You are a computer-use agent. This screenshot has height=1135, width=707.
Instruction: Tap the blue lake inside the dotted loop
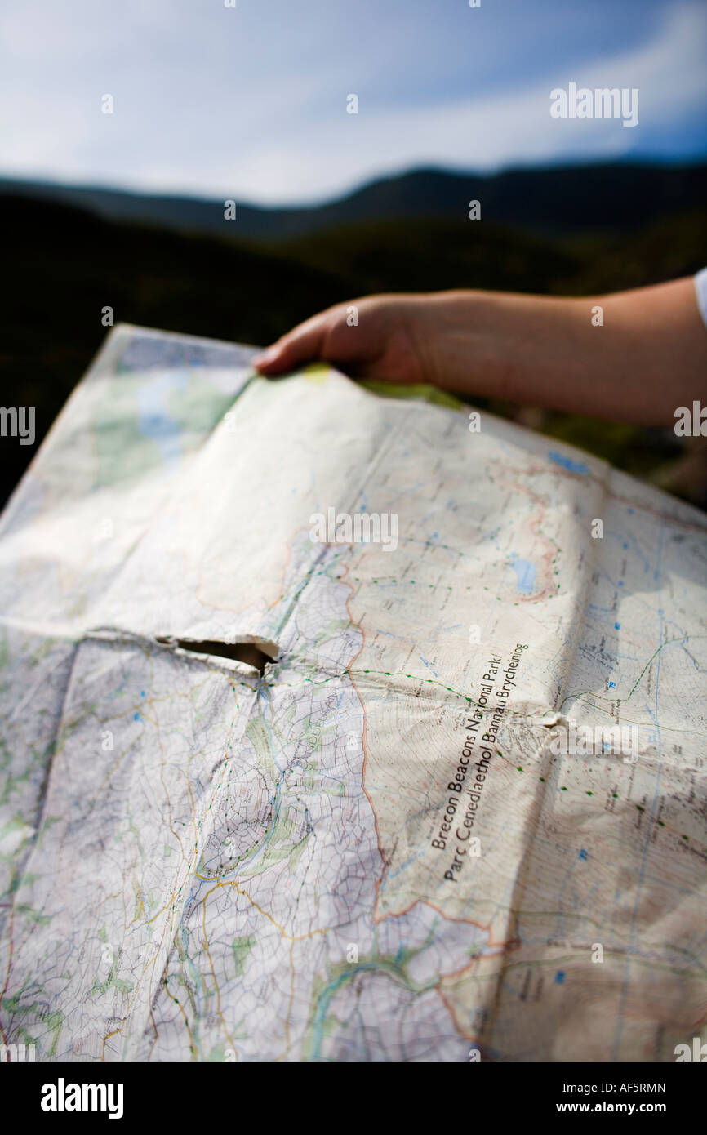pos(525,574)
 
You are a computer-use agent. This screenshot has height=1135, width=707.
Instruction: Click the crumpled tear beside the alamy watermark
pos(556,722)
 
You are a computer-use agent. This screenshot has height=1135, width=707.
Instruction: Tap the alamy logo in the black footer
pos(82,1098)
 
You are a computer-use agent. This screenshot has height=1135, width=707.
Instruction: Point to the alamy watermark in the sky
pos(594,104)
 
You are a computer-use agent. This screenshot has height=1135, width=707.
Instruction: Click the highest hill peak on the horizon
pos(425,173)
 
